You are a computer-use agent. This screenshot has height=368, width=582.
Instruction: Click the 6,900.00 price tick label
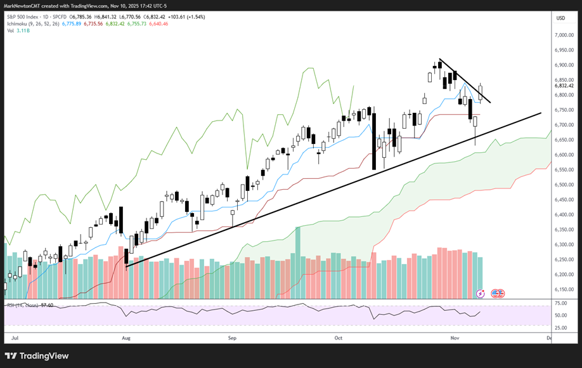pyautogui.click(x=564, y=65)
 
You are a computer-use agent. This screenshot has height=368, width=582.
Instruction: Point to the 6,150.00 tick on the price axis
pyautogui.click(x=564, y=289)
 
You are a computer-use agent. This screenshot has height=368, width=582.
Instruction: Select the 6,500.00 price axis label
pyautogui.click(x=564, y=185)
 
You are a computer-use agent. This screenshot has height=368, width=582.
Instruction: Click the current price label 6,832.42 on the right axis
pyautogui.click(x=564, y=86)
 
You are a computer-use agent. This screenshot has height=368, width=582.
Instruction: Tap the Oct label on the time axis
pyautogui.click(x=338, y=339)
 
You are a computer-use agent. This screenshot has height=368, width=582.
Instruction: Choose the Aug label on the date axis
pyautogui.click(x=125, y=339)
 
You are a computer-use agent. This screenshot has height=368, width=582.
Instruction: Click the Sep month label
pyautogui.click(x=232, y=339)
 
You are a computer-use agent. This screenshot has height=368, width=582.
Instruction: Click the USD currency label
pyautogui.click(x=560, y=18)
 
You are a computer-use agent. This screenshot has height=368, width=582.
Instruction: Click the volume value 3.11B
pyautogui.click(x=23, y=30)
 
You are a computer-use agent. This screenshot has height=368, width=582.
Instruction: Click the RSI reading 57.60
pyautogui.click(x=46, y=306)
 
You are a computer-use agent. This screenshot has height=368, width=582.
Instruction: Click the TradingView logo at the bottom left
pyautogui.click(x=37, y=356)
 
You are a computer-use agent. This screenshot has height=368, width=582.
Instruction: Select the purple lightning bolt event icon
pyautogui.click(x=480, y=294)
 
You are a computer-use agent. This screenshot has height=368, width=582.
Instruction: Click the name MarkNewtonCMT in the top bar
pyautogui.click(x=23, y=6)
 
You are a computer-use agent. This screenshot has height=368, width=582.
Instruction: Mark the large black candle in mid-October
pyautogui.click(x=373, y=141)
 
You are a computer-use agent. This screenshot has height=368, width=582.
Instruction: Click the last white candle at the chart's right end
pyautogui.click(x=481, y=93)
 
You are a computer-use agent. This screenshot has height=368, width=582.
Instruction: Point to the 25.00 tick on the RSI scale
pyautogui.click(x=561, y=327)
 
